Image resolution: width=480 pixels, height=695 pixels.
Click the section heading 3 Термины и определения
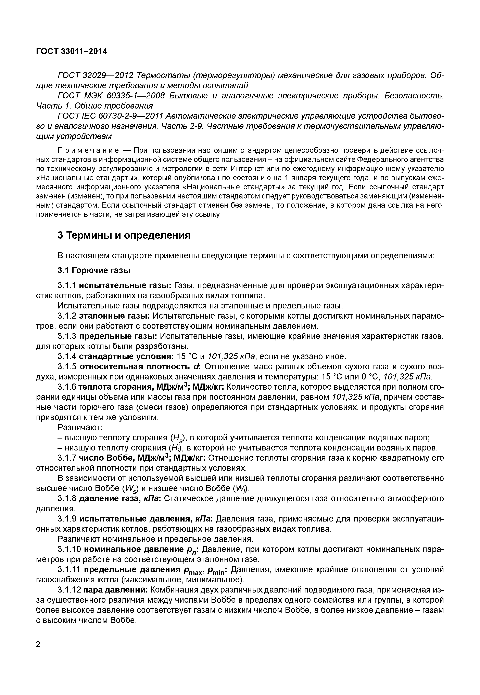click(124, 235)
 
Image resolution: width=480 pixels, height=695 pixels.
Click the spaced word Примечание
click(88, 150)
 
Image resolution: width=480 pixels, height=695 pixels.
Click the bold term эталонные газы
click(115, 316)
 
